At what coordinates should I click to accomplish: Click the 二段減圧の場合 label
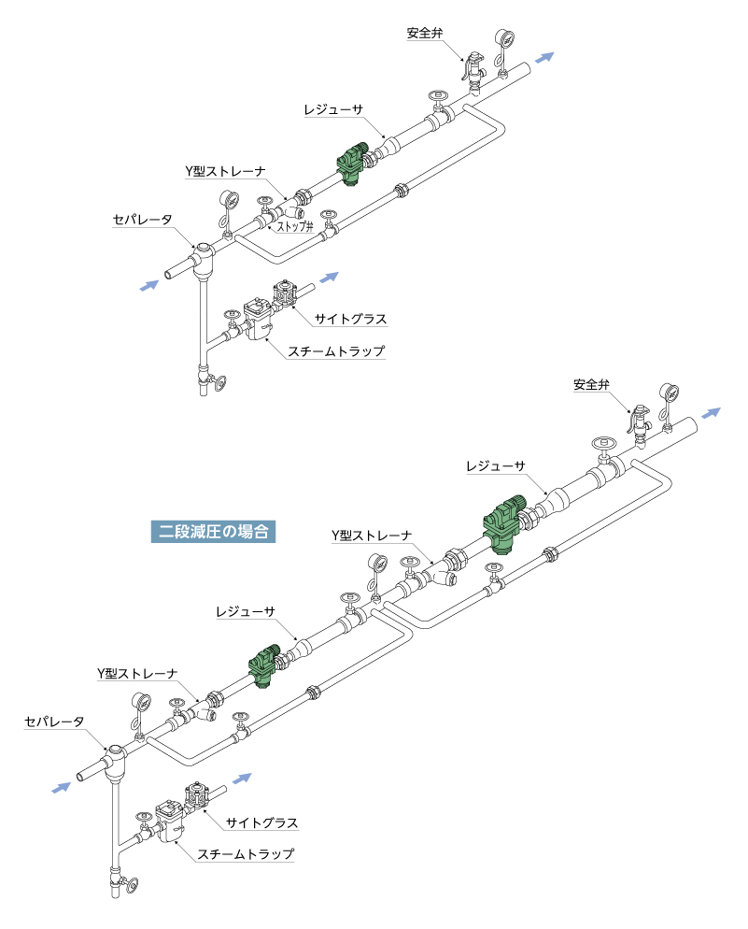(x=214, y=532)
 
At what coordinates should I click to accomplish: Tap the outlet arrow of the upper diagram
(x=544, y=58)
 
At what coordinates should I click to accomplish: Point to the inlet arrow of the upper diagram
(x=149, y=284)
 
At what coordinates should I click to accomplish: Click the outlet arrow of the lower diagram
(x=711, y=413)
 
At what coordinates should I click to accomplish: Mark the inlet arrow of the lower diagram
(x=62, y=788)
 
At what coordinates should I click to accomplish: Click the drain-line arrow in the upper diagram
(x=329, y=277)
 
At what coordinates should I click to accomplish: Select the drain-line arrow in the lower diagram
(x=243, y=778)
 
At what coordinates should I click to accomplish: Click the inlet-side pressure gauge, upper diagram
(x=228, y=202)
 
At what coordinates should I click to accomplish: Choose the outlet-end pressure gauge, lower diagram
(x=668, y=393)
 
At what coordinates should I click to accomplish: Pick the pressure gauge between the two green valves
(x=377, y=565)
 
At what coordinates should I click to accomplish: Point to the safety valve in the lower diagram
(x=641, y=422)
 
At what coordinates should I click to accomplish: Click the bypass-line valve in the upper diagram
(x=328, y=224)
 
